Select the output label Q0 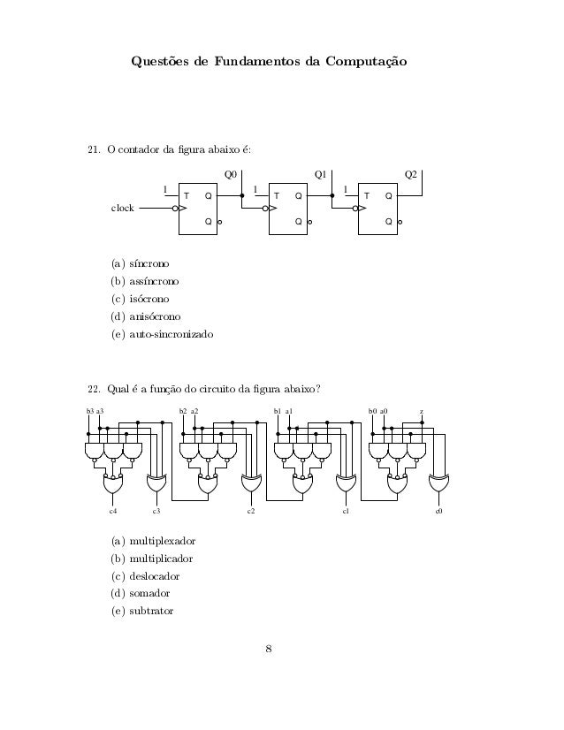pyautogui.click(x=231, y=175)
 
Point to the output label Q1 pyautogui.click(x=321, y=175)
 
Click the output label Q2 pyautogui.click(x=410, y=175)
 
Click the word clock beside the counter pyautogui.click(x=122, y=209)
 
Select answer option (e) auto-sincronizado pyautogui.click(x=162, y=335)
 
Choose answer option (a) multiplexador pyautogui.click(x=152, y=540)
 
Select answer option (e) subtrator pyautogui.click(x=142, y=611)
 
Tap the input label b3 pyautogui.click(x=89, y=411)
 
